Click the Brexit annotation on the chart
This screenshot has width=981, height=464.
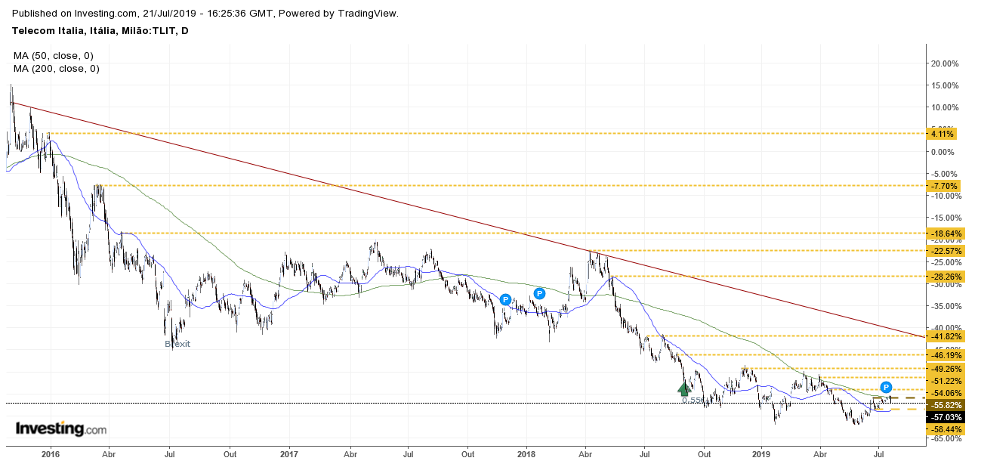[177, 344]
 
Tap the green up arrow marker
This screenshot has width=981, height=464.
[684, 388]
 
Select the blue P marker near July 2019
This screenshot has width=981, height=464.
[887, 387]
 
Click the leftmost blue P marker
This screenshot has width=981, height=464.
[505, 299]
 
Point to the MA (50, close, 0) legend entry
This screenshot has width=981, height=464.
[53, 55]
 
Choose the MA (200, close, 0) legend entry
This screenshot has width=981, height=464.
[56, 68]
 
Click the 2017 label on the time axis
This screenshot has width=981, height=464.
[289, 455]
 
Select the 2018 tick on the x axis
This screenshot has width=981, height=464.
[527, 455]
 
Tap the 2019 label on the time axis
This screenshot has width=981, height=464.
[761, 455]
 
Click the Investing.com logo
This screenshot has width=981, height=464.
[61, 429]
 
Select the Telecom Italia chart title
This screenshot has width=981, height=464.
[100, 30]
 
